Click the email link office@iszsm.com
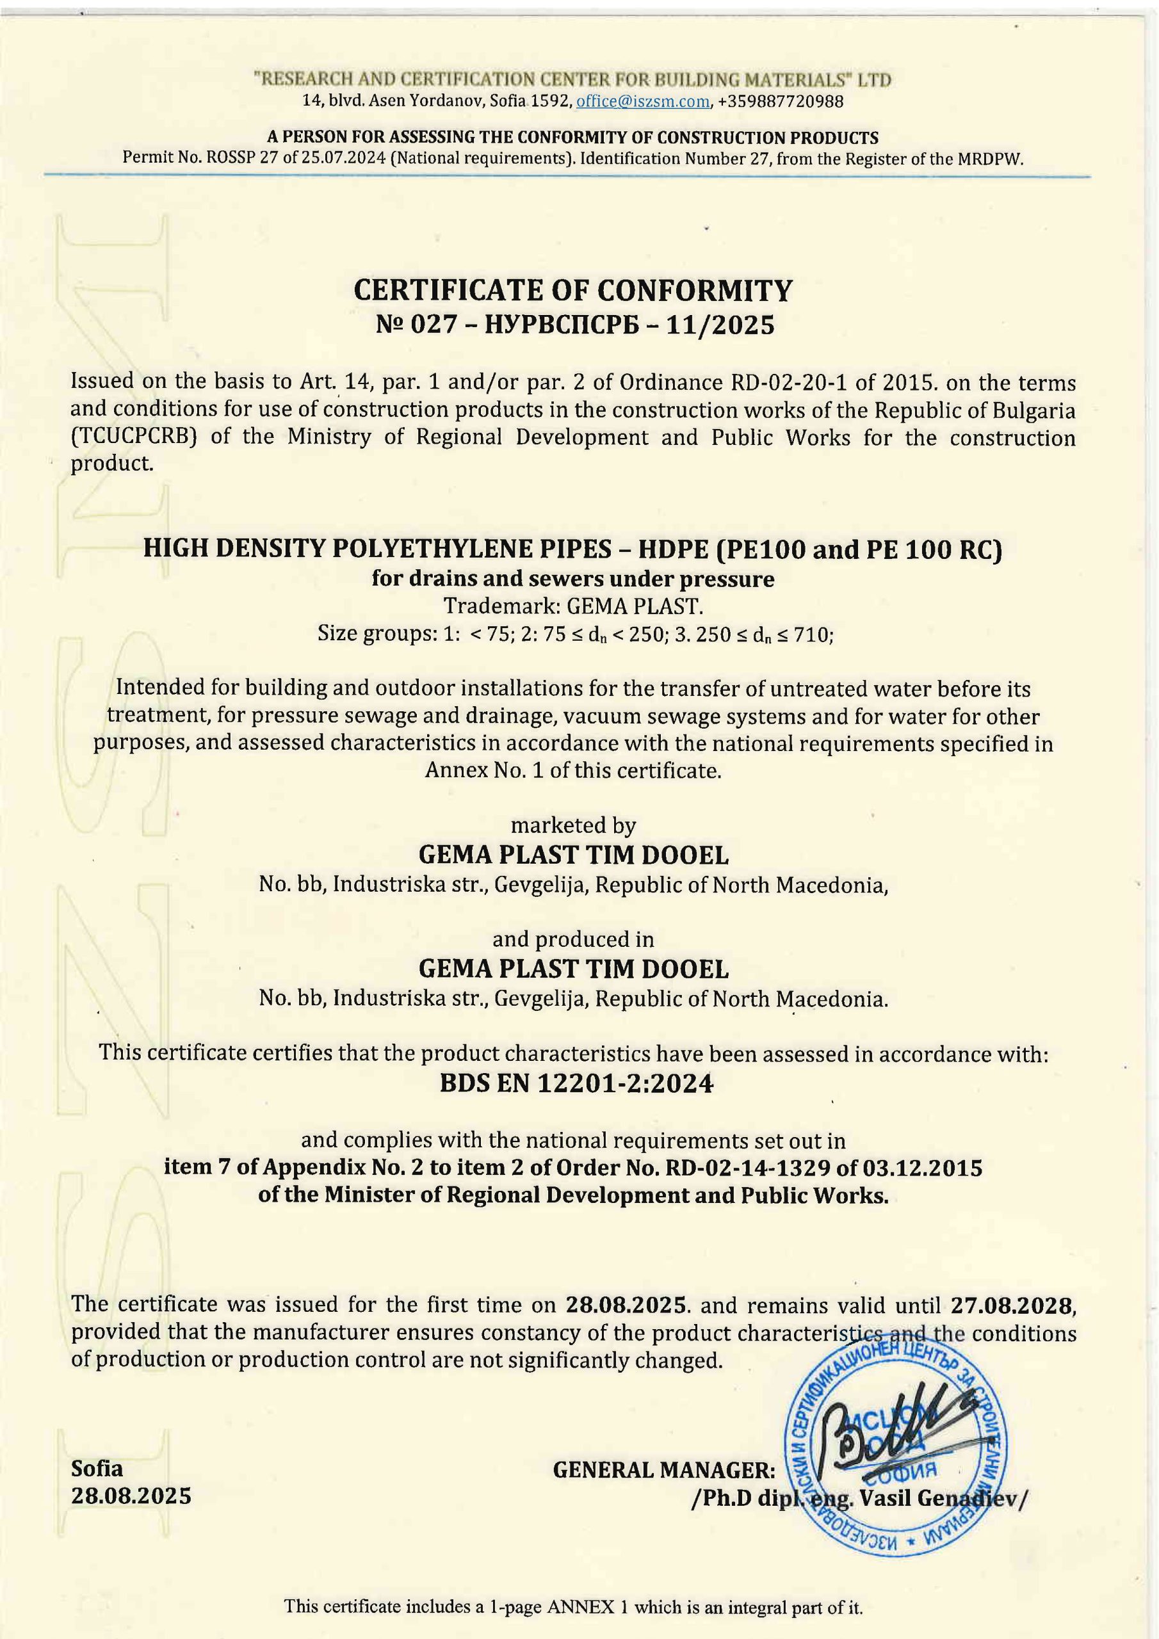[x=643, y=101]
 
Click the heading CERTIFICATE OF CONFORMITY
[x=574, y=291]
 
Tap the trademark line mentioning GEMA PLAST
[x=574, y=606]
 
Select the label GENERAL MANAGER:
[x=664, y=1470]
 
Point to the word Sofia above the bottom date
[x=97, y=1467]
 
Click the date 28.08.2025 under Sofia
[x=131, y=1496]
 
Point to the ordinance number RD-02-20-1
[x=770, y=384]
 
